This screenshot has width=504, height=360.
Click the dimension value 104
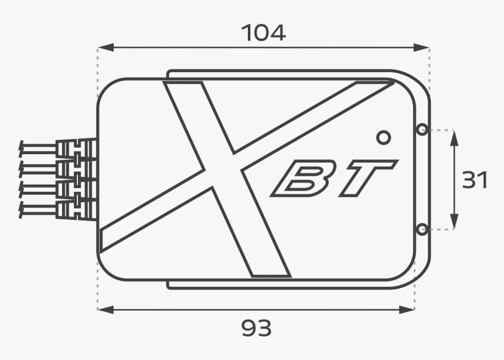click(x=264, y=33)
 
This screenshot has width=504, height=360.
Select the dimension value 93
click(x=257, y=328)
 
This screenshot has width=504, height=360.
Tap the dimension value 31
click(x=475, y=181)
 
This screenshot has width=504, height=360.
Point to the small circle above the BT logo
click(x=383, y=137)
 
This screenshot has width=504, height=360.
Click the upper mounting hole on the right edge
click(x=421, y=130)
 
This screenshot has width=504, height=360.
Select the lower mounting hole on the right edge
click(x=421, y=229)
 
